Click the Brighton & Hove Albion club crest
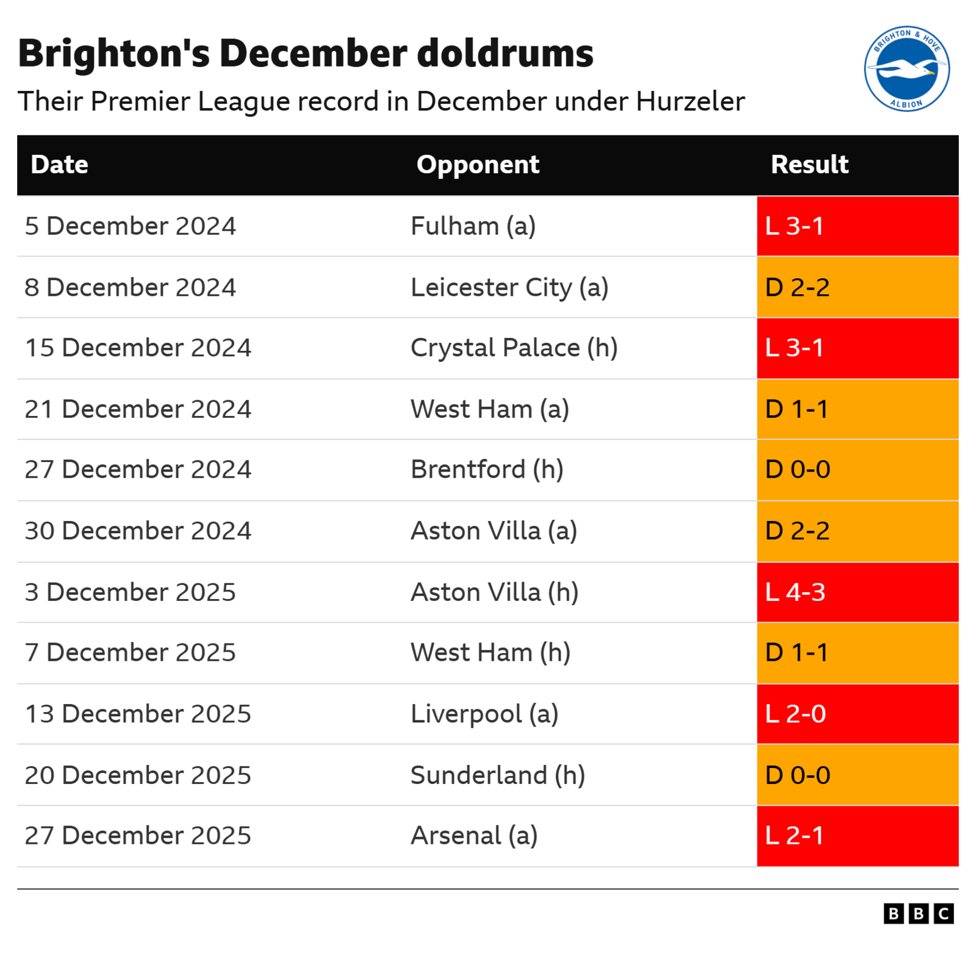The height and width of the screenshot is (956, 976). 906,68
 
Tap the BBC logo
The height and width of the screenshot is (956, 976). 918,913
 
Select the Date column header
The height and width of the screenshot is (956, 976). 60,165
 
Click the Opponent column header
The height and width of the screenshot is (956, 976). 478,165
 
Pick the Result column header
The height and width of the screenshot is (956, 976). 809,165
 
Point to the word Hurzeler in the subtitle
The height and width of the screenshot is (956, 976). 690,101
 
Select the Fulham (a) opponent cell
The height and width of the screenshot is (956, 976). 473,226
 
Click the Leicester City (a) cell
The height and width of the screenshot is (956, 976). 509,287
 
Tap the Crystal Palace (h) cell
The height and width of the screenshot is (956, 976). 514,348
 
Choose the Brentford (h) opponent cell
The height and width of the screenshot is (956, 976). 487,470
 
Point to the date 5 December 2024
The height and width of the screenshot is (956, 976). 130,226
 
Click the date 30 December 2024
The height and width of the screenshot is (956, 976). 138,531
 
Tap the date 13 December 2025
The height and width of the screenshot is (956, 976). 138,714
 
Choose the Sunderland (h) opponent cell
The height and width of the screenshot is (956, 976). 498,775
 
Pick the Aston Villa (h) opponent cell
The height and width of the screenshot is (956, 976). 495,592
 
